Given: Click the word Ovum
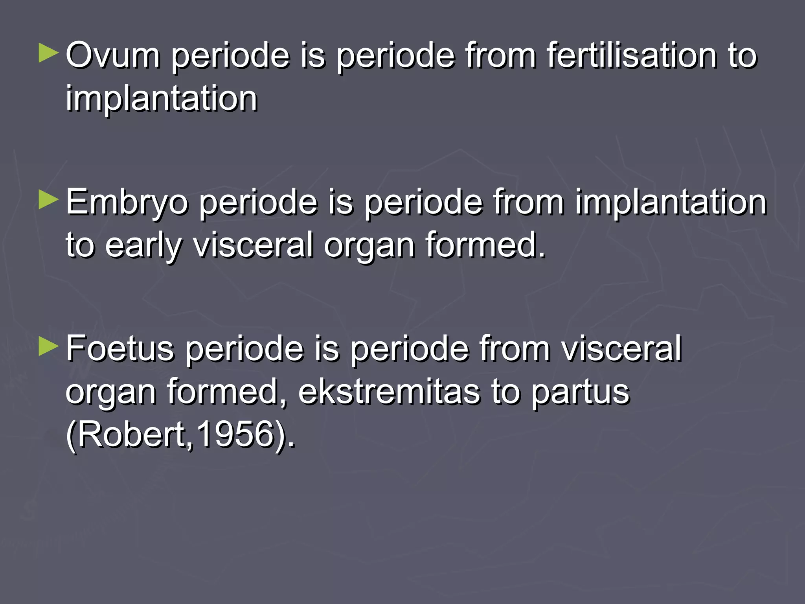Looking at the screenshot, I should pyautogui.click(x=113, y=55).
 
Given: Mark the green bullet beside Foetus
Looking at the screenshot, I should pyautogui.click(x=48, y=346).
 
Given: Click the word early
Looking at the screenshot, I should pyautogui.click(x=143, y=245).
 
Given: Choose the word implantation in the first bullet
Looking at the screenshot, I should pyautogui.click(x=161, y=98).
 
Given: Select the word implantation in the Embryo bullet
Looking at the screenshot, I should pyautogui.click(x=671, y=202).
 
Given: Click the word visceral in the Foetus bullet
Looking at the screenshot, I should pyautogui.click(x=621, y=348).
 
